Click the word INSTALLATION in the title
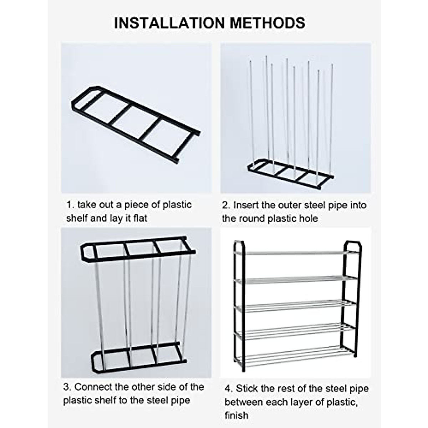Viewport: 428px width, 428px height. pos(169,23)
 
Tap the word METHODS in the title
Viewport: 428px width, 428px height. pos(267,23)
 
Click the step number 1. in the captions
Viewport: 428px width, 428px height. pos(70,205)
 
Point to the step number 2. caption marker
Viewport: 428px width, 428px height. pos(226,205)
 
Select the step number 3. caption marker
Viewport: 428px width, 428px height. pos(67,387)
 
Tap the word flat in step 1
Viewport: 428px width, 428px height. pos(140,218)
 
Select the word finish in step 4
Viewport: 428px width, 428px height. pos(236,415)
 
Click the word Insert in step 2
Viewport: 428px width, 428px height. pos(245,205)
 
